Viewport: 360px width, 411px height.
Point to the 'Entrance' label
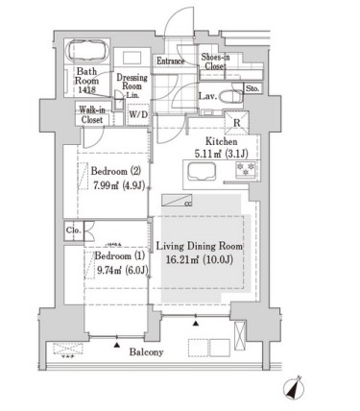tap(170, 62)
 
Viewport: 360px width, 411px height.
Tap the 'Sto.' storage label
tap(252, 89)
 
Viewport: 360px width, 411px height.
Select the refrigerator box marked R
tap(235, 121)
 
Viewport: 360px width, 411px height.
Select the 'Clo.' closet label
tap(73, 230)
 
